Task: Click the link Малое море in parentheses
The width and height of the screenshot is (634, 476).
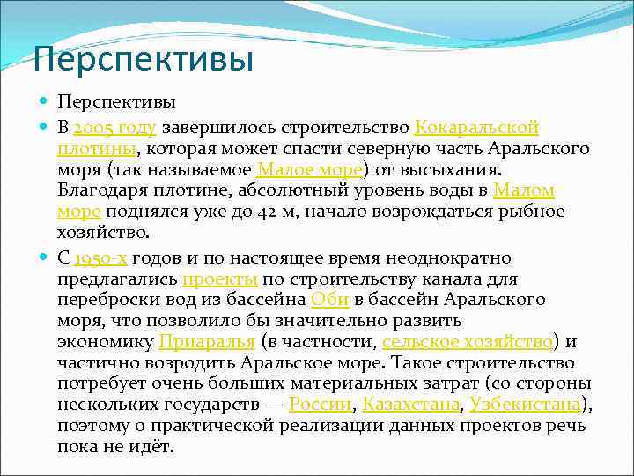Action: pos(310,169)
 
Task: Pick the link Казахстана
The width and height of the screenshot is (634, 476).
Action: pos(411,405)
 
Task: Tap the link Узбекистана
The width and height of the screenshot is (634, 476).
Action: pos(526,405)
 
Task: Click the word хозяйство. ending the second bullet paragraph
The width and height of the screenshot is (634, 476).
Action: pos(104,233)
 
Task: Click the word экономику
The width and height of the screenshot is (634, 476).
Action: pos(106,341)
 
